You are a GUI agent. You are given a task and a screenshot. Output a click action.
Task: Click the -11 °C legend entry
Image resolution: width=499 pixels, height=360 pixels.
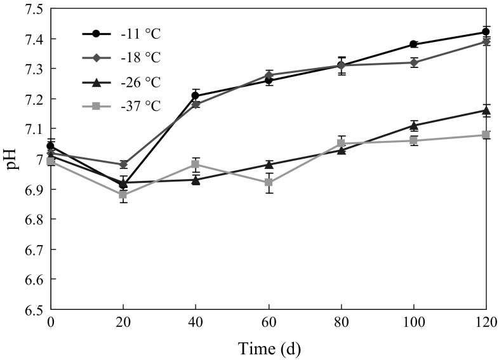pyautogui.click(x=121, y=34)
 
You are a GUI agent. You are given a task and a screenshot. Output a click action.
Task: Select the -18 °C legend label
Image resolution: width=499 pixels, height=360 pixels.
pyautogui.click(x=121, y=58)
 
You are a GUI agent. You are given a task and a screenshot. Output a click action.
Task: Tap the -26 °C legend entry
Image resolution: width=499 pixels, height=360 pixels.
pyautogui.click(x=121, y=82)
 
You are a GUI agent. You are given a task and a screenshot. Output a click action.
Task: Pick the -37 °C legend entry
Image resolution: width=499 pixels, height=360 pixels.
pyautogui.click(x=121, y=106)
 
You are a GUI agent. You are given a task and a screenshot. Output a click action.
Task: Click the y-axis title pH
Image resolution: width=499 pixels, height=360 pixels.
pyautogui.click(x=13, y=159)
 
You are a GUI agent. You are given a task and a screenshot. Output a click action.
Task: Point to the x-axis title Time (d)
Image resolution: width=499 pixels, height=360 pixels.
pyautogui.click(x=269, y=348)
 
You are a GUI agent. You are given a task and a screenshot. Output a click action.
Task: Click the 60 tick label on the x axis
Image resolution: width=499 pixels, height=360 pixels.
pyautogui.click(x=269, y=323)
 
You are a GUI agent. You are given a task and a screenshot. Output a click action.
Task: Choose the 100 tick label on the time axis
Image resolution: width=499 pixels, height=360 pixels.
pyautogui.click(x=414, y=323)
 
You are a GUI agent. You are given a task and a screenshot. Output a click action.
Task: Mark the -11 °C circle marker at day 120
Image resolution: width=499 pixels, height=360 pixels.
pyautogui.click(x=486, y=32)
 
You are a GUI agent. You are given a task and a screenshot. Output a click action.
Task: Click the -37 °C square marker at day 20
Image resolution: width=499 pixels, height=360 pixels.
pyautogui.click(x=123, y=194)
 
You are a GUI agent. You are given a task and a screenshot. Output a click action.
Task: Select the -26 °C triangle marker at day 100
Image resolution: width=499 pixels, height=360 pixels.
pyautogui.click(x=414, y=125)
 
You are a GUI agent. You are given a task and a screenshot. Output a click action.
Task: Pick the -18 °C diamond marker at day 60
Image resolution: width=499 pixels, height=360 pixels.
pyautogui.click(x=269, y=75)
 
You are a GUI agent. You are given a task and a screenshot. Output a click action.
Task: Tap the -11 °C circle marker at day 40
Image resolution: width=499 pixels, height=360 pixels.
pyautogui.click(x=196, y=96)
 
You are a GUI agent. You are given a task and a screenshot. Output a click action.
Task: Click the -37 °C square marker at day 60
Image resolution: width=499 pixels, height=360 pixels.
pyautogui.click(x=269, y=182)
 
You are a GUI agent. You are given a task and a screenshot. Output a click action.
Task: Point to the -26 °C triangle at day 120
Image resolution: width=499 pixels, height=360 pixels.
pyautogui.click(x=486, y=110)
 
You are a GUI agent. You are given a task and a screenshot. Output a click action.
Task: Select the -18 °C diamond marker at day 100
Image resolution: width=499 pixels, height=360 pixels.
pyautogui.click(x=414, y=62)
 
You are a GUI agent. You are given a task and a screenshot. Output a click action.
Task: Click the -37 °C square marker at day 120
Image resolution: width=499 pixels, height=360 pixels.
pyautogui.click(x=486, y=135)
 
